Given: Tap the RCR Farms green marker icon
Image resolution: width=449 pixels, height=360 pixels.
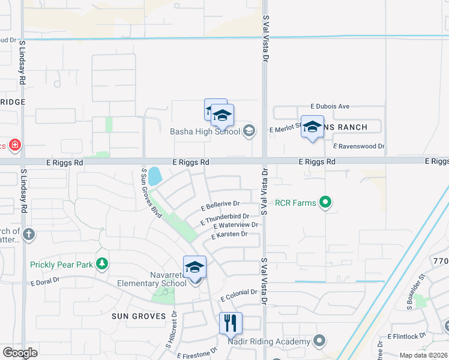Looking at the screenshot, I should (x=325, y=203).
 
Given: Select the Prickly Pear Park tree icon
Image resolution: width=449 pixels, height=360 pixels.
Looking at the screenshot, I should (x=103, y=263).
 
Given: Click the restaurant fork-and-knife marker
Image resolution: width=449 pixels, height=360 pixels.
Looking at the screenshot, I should (x=231, y=324).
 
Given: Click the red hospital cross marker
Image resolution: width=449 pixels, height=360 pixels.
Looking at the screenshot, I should (x=15, y=145).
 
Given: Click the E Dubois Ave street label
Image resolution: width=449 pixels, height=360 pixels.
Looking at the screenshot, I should (x=330, y=106).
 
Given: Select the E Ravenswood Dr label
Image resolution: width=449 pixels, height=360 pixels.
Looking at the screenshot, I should (x=359, y=146).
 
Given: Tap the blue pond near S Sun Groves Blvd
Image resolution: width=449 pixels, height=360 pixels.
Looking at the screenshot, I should (x=154, y=176).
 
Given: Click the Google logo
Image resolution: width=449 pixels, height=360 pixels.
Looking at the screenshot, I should (x=20, y=353).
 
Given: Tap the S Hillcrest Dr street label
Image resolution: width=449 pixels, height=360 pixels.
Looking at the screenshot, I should (x=172, y=337).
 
